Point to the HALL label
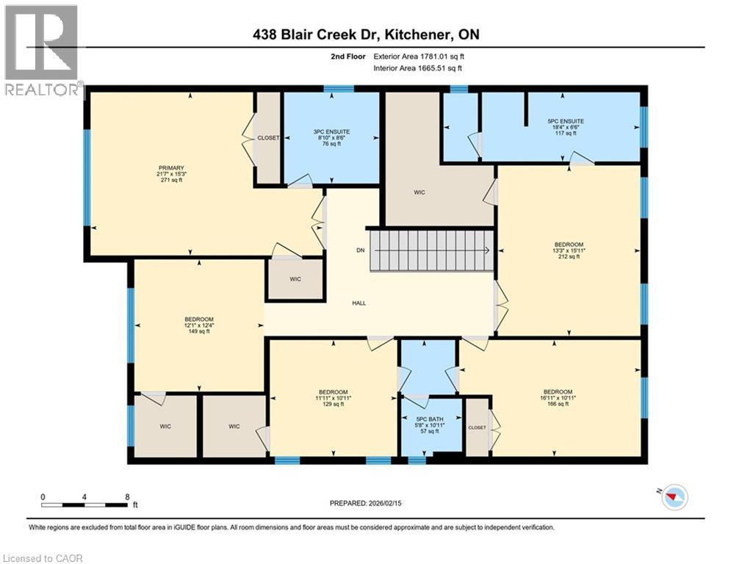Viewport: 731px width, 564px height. tap(359, 303)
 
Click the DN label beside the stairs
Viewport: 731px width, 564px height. tap(361, 250)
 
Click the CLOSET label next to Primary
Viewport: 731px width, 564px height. tap(267, 138)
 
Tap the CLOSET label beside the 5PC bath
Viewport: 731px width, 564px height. tap(477, 427)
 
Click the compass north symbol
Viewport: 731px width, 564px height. tap(673, 498)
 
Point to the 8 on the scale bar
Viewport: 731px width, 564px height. tap(127, 496)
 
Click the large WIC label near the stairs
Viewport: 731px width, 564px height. tap(419, 192)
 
